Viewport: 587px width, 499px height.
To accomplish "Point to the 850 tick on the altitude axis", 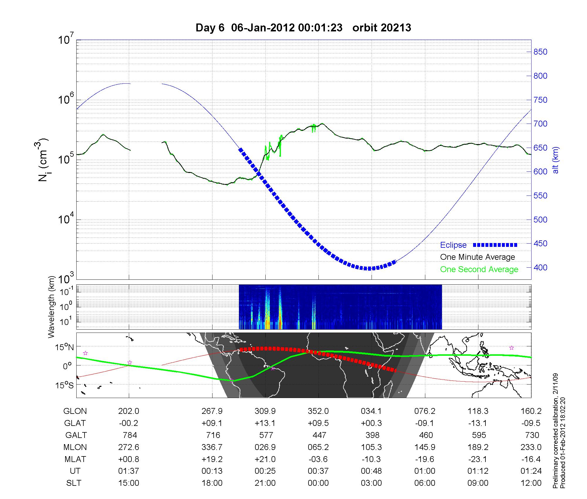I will click(540, 52).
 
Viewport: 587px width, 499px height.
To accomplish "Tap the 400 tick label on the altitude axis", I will click(540, 267).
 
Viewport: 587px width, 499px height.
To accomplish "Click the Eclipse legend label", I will click(453, 245).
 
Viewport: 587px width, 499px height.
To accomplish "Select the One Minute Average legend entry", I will click(478, 257).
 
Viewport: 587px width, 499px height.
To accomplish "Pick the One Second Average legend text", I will click(479, 269).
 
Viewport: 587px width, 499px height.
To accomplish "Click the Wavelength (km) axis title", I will click(52, 307).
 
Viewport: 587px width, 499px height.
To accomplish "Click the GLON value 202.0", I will click(129, 411).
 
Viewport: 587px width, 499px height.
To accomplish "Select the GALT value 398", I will click(372, 435).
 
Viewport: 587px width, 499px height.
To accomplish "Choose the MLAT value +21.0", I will click(265, 459).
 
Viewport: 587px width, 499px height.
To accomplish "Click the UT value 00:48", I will click(372, 471).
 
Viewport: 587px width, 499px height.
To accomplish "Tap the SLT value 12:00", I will click(531, 483).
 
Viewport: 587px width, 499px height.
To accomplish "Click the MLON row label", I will click(75, 447).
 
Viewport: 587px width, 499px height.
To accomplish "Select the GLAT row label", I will click(75, 423).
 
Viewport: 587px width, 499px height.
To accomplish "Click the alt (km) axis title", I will click(556, 160).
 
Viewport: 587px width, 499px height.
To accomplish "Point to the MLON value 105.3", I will click(372, 447).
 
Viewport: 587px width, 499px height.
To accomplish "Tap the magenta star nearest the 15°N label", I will click(85, 353).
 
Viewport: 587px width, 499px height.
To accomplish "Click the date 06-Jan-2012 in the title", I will click(263, 28).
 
